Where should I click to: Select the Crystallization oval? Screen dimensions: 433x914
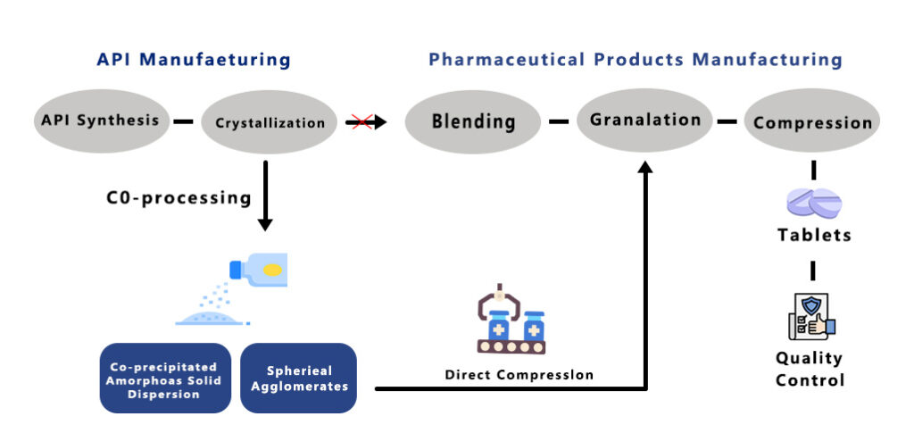[x=269, y=122]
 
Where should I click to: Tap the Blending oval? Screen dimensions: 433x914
[x=473, y=121]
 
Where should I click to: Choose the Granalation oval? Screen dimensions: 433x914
[x=644, y=120]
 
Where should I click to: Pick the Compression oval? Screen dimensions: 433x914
[x=812, y=122]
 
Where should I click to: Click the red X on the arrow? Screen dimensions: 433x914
[x=361, y=121]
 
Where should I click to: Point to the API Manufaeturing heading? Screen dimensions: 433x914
[x=194, y=61]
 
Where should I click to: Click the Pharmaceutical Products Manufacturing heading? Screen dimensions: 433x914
[x=635, y=61]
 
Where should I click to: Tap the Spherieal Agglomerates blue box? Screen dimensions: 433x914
[x=298, y=379]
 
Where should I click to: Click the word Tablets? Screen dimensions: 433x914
[x=813, y=236]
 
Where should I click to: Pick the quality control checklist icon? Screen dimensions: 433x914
[x=811, y=315]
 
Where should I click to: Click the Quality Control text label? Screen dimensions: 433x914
[x=809, y=369]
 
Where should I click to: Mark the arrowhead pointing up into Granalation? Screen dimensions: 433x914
[x=645, y=167]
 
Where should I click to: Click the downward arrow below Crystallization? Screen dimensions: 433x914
[x=266, y=222]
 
